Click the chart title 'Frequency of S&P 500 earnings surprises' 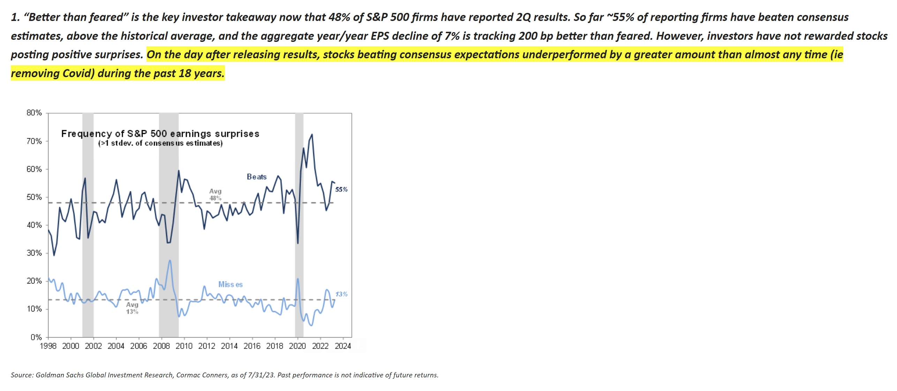point(160,134)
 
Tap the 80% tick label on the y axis point(34,113)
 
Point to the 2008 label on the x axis point(161,346)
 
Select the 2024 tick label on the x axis point(343,346)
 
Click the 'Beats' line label point(257,177)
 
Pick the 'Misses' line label point(230,285)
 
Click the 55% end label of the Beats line point(341,190)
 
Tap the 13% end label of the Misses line point(341,294)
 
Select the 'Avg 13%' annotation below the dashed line point(132,308)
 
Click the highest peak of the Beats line point(312,134)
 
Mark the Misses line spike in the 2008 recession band point(170,260)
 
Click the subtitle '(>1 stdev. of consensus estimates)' point(160,143)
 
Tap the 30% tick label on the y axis point(34,253)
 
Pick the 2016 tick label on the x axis point(252,346)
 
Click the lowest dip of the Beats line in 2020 point(298,243)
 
